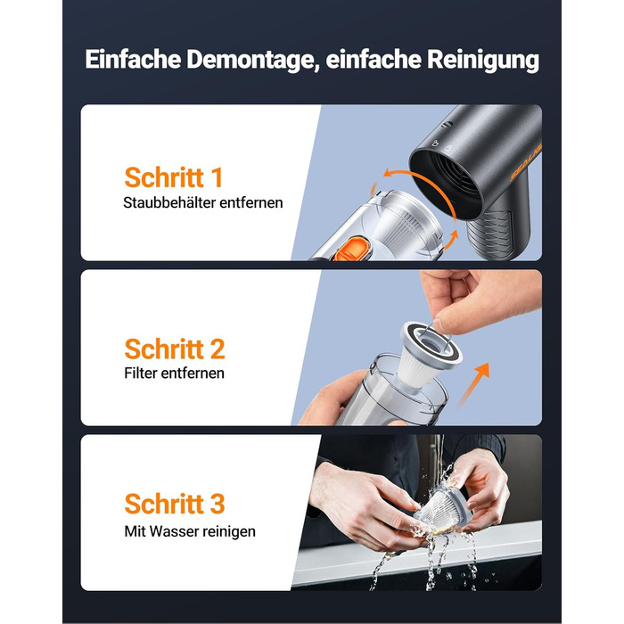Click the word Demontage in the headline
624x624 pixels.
pos(253,60)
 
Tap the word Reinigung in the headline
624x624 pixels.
pos(483,61)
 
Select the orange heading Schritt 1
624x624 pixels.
pos(173,177)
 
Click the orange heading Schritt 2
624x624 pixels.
pos(175,349)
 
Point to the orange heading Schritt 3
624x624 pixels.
pos(175,504)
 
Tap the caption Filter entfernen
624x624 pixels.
pos(175,373)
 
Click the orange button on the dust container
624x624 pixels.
pos(350,249)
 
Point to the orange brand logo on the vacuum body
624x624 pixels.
pos(526,162)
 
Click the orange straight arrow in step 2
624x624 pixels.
pos(473,384)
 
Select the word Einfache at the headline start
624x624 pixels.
pos(133,60)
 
